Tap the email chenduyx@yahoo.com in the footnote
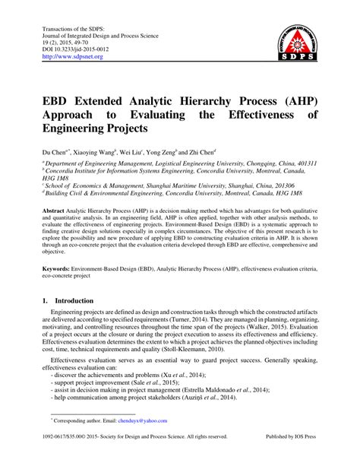pos(126,440)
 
